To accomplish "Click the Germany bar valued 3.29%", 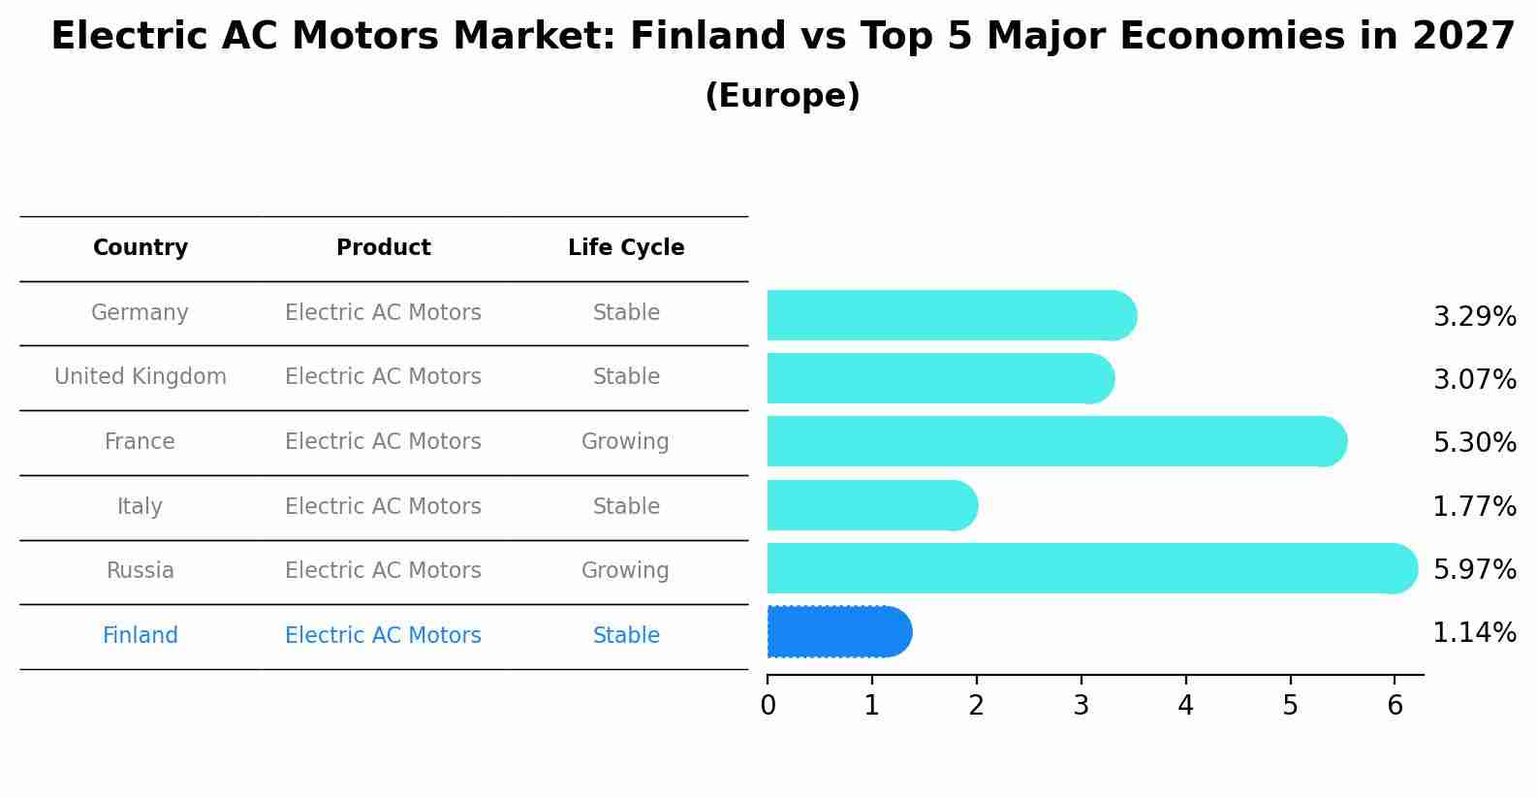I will [950, 315].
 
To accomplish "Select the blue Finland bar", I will [838, 632].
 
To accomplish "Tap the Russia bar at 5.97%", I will [1090, 568].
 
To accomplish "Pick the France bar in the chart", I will [1056, 441].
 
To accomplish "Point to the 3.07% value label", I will [1474, 379].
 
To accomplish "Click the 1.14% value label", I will [1474, 633].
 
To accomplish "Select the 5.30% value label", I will [1474, 443].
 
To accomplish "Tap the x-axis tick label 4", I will [1185, 706].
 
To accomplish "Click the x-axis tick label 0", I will [768, 706].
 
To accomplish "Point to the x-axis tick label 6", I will [1395, 706].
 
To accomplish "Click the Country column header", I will [141, 248].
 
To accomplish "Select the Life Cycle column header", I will [626, 248].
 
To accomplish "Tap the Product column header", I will [383, 248].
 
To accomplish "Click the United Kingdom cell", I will [141, 377].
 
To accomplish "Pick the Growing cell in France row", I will [625, 442].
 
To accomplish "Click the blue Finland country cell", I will [141, 636].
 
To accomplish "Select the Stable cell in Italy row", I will [626, 507].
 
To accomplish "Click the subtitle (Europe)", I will [782, 96].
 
